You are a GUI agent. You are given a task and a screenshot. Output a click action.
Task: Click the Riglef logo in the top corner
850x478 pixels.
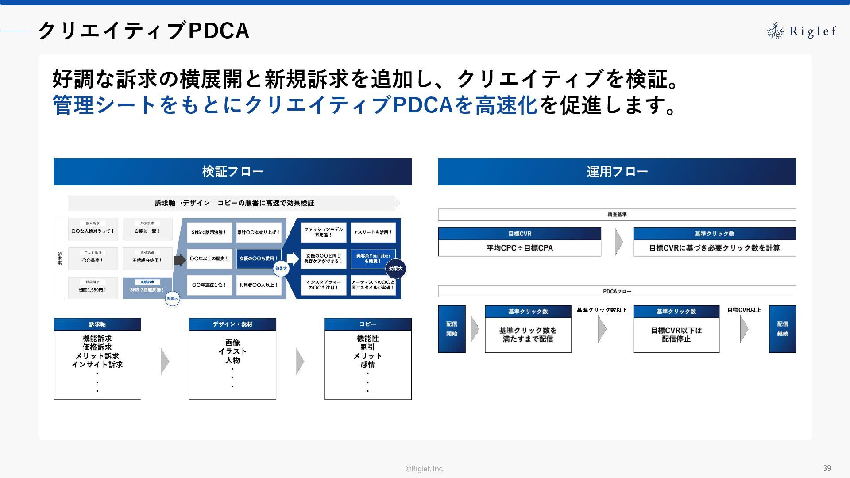801,31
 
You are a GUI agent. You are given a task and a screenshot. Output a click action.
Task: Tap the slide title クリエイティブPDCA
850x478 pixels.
143,31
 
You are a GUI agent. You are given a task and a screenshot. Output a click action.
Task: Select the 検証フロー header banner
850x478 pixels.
232,172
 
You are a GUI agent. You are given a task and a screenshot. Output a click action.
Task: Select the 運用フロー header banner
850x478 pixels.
617,172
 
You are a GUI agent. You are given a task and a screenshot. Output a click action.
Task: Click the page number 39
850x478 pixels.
827,468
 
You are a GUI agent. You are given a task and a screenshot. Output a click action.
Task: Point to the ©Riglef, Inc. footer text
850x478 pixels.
424,469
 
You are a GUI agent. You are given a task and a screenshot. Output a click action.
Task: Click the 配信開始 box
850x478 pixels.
452,329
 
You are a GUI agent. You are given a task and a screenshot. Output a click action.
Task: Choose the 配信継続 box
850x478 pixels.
782,329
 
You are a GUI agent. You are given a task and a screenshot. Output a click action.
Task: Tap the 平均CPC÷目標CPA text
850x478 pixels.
520,248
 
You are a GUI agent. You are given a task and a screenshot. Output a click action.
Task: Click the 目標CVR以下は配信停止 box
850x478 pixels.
676,335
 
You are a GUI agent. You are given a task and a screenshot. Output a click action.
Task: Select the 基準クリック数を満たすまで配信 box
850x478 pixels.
528,335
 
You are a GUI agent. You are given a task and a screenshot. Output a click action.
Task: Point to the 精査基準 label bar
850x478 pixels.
617,215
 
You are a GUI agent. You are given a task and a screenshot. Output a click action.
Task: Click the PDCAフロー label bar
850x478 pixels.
617,291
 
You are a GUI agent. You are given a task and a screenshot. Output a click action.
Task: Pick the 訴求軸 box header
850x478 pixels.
97,324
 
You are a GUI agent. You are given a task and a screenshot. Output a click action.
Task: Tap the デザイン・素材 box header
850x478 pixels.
232,324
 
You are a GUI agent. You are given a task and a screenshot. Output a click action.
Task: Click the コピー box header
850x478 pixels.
367,324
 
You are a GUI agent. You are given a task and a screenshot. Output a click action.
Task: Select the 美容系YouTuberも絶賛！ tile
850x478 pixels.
373,258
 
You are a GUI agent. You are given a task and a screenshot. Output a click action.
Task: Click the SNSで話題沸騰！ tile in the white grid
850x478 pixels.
209,232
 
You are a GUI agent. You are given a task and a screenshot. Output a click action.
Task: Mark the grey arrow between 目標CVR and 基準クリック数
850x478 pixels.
618,242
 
